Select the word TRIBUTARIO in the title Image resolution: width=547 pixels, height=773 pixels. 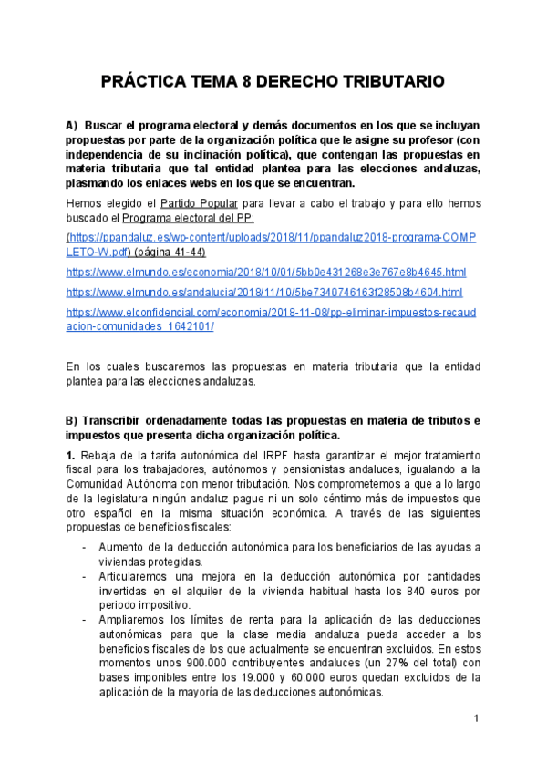(x=393, y=82)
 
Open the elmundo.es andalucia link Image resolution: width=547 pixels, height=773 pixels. (x=264, y=292)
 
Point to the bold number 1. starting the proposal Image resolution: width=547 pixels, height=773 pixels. (x=70, y=455)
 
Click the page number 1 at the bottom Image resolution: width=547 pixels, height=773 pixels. (x=476, y=720)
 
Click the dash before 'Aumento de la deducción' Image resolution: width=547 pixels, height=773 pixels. (x=84, y=545)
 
